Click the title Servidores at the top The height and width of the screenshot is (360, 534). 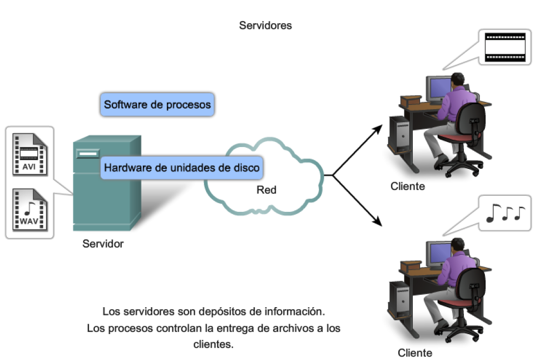coord(265,25)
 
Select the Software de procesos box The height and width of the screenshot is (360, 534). coord(157,105)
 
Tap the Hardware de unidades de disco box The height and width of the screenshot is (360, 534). coord(181,168)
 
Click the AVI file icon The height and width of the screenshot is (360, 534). coord(29,154)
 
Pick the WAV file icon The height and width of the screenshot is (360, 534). coord(29,210)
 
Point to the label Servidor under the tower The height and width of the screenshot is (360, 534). coord(103,243)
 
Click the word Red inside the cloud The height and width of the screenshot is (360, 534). coord(266,190)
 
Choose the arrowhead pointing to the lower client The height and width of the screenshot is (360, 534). coord(378,221)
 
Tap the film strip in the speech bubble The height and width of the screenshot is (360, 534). coord(504,47)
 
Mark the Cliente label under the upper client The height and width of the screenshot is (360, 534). coord(408,186)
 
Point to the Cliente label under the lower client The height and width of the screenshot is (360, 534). coord(414,353)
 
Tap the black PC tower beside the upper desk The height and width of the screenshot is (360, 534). coord(399,134)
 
